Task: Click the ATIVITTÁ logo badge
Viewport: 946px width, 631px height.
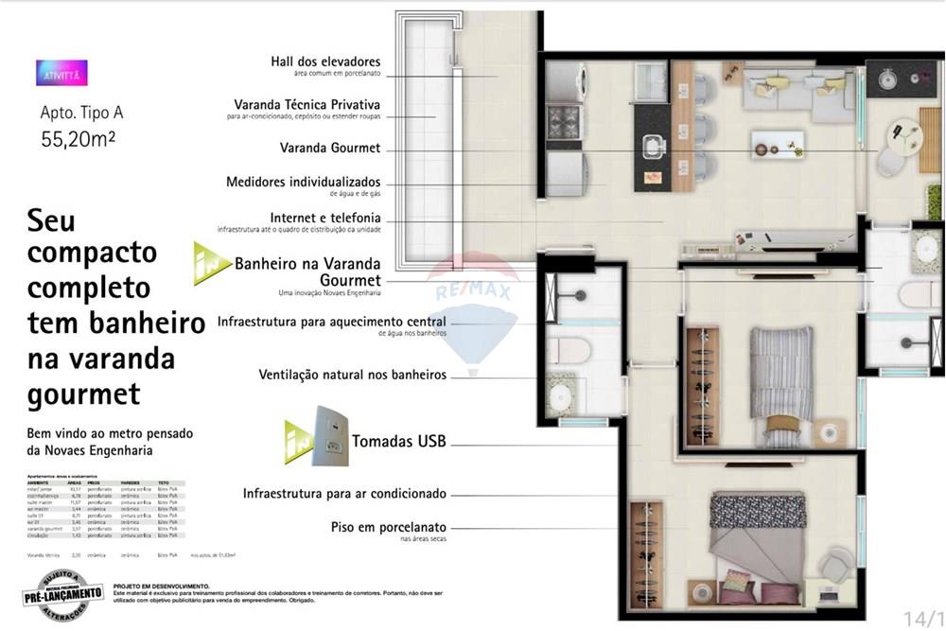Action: click(61, 73)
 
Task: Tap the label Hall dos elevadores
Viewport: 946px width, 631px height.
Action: click(324, 62)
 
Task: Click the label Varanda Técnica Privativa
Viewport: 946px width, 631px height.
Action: click(307, 104)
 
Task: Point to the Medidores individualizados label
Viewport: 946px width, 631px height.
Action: click(303, 181)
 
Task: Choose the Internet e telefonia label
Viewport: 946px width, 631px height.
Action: click(324, 217)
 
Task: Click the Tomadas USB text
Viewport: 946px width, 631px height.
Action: click(398, 441)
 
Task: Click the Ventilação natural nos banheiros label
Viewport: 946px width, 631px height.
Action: click(352, 375)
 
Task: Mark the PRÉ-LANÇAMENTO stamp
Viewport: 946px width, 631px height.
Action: click(63, 593)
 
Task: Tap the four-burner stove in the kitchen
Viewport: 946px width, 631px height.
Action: click(565, 123)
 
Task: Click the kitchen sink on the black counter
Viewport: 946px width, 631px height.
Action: click(653, 147)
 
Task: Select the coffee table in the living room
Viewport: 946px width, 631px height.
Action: click(778, 143)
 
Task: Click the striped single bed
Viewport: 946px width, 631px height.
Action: click(781, 371)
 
